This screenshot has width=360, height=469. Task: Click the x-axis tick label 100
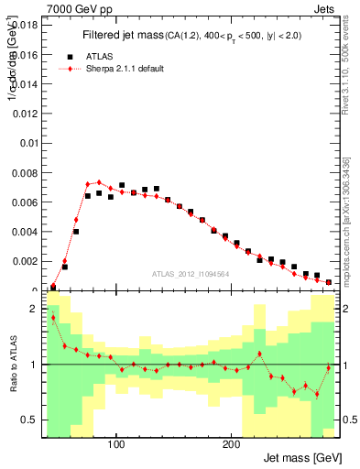point(116,444)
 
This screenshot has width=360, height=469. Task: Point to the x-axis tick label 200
point(231,444)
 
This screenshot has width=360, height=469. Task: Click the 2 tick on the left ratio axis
point(35,309)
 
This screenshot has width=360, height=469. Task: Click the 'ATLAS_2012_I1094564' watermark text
point(190,273)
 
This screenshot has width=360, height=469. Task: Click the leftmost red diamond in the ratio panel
point(53,318)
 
